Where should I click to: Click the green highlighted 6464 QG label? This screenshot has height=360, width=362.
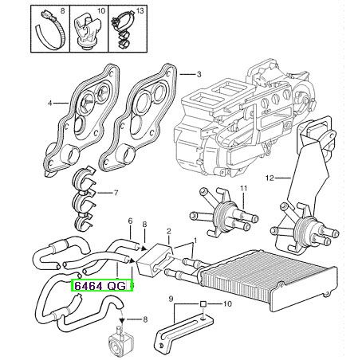pos(101,285)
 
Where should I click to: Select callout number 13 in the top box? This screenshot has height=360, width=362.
pos(140,11)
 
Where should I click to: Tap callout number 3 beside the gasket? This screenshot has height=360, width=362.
pos(199,75)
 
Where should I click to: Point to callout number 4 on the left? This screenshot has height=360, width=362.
pos(49,103)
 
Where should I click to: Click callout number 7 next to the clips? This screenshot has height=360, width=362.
pos(116,193)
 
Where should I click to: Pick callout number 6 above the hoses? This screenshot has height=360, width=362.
pos(130,221)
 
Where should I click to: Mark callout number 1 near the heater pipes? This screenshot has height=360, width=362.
pos(195,241)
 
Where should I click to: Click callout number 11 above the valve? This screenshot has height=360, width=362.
pos(244,189)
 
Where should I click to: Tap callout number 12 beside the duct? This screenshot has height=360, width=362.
pos(270,178)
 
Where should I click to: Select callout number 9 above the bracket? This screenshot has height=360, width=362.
pos(171,299)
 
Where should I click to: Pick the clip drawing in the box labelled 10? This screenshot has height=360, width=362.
pos(87,31)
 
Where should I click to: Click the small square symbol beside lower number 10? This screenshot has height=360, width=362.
pos(203,303)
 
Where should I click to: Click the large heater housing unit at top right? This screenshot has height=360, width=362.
pos(245,117)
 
